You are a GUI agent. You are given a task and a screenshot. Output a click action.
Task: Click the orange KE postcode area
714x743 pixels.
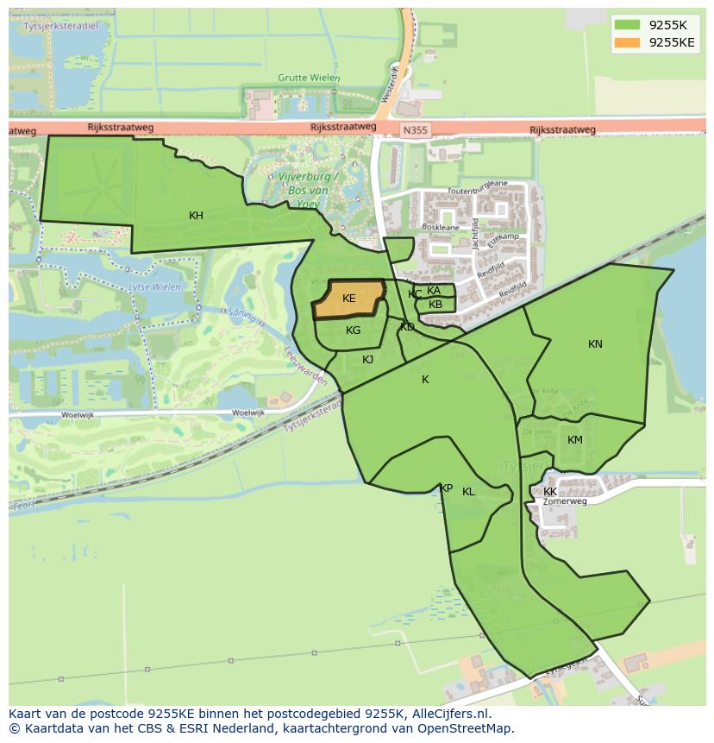tap(349, 299)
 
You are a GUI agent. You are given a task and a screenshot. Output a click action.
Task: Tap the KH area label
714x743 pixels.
tap(196, 216)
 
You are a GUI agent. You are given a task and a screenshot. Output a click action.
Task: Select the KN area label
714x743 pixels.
tap(595, 344)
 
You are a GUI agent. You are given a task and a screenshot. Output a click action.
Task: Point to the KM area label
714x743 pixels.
tap(575, 440)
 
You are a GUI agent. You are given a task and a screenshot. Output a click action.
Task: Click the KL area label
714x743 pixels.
tap(468, 492)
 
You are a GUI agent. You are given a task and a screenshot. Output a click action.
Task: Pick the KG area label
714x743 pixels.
tap(353, 331)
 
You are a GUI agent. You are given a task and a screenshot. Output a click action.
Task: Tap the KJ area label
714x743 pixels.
tap(368, 360)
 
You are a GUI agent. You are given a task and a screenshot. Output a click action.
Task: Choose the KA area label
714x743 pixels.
tap(434, 291)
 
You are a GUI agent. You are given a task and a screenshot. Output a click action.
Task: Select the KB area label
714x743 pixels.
tap(435, 305)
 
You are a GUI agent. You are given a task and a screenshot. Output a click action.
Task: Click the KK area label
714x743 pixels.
tap(550, 492)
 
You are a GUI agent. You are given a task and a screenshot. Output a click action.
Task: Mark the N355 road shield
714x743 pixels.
tap(415, 131)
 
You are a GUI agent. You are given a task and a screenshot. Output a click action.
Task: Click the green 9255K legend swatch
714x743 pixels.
tap(626, 25)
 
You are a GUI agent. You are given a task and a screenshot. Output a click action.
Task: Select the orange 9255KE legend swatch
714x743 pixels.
tap(626, 42)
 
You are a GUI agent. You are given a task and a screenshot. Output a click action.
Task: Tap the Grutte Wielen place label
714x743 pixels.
tap(309, 78)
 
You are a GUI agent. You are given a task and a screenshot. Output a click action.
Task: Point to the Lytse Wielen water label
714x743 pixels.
tap(147, 286)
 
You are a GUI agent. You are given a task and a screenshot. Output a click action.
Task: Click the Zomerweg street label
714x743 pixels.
tap(565, 501)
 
